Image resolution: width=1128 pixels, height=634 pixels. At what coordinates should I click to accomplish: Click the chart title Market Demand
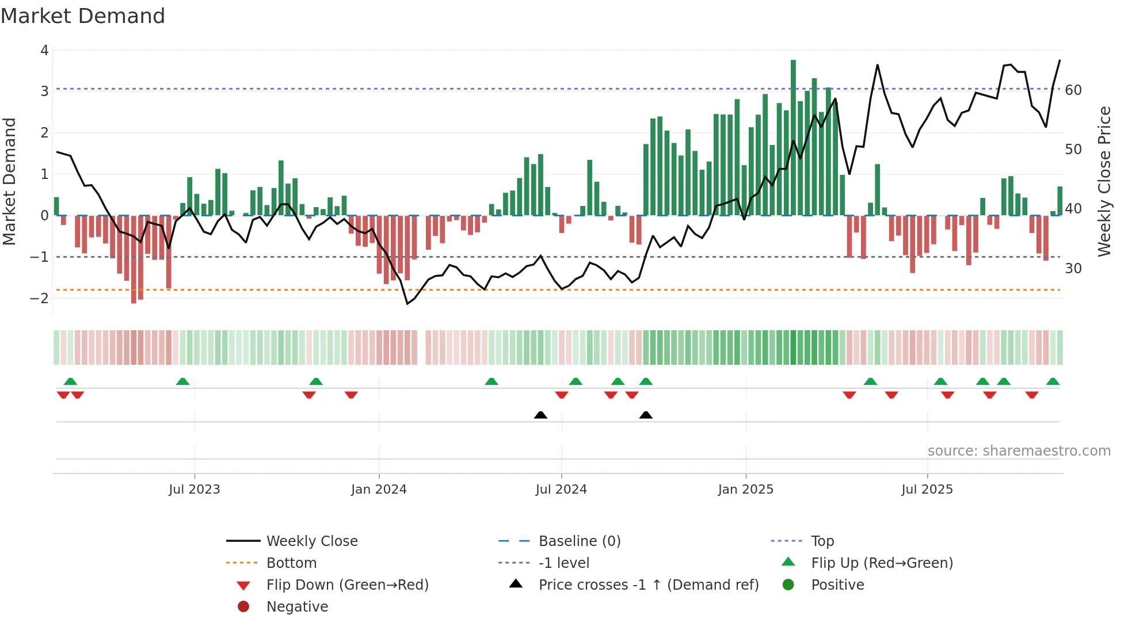point(83,16)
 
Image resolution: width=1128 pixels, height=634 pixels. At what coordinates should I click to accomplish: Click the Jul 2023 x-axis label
point(195,490)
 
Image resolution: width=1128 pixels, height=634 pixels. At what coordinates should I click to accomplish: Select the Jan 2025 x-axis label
point(746,490)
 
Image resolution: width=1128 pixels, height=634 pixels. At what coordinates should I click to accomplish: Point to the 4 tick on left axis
point(44,51)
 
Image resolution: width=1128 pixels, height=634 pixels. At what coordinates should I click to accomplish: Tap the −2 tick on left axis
point(40,298)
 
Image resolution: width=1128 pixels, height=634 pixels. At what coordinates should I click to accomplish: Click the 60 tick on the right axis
point(1073,90)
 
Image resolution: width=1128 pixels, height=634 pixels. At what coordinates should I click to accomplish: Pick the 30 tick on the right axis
point(1073,269)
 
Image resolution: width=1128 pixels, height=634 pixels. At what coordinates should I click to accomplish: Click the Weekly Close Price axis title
point(1104,181)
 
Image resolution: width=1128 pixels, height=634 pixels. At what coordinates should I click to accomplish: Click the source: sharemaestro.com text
point(1019,451)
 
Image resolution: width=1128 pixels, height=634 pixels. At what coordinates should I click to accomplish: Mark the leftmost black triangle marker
point(540,415)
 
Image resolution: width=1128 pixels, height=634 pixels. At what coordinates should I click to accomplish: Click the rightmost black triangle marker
point(646,415)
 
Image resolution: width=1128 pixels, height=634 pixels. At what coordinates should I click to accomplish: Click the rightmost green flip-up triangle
point(1053,381)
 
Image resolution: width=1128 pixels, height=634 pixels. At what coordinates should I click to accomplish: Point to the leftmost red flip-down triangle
point(63,395)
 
